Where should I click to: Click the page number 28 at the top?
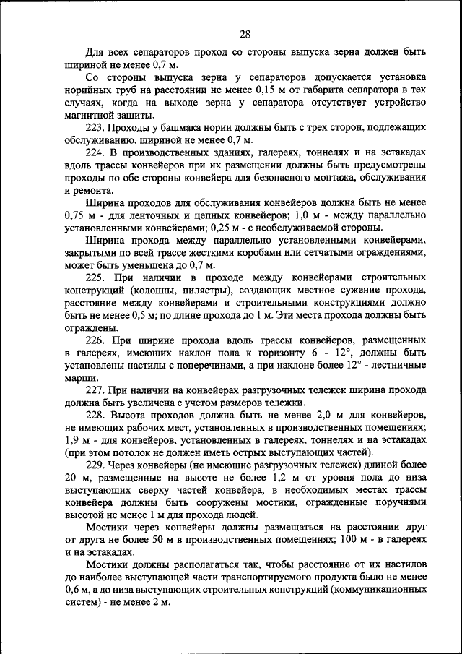pos(244,34)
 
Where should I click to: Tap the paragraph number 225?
pos(95,277)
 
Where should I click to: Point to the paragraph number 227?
pos(95,390)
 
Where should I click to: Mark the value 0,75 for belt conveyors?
pos(74,215)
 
